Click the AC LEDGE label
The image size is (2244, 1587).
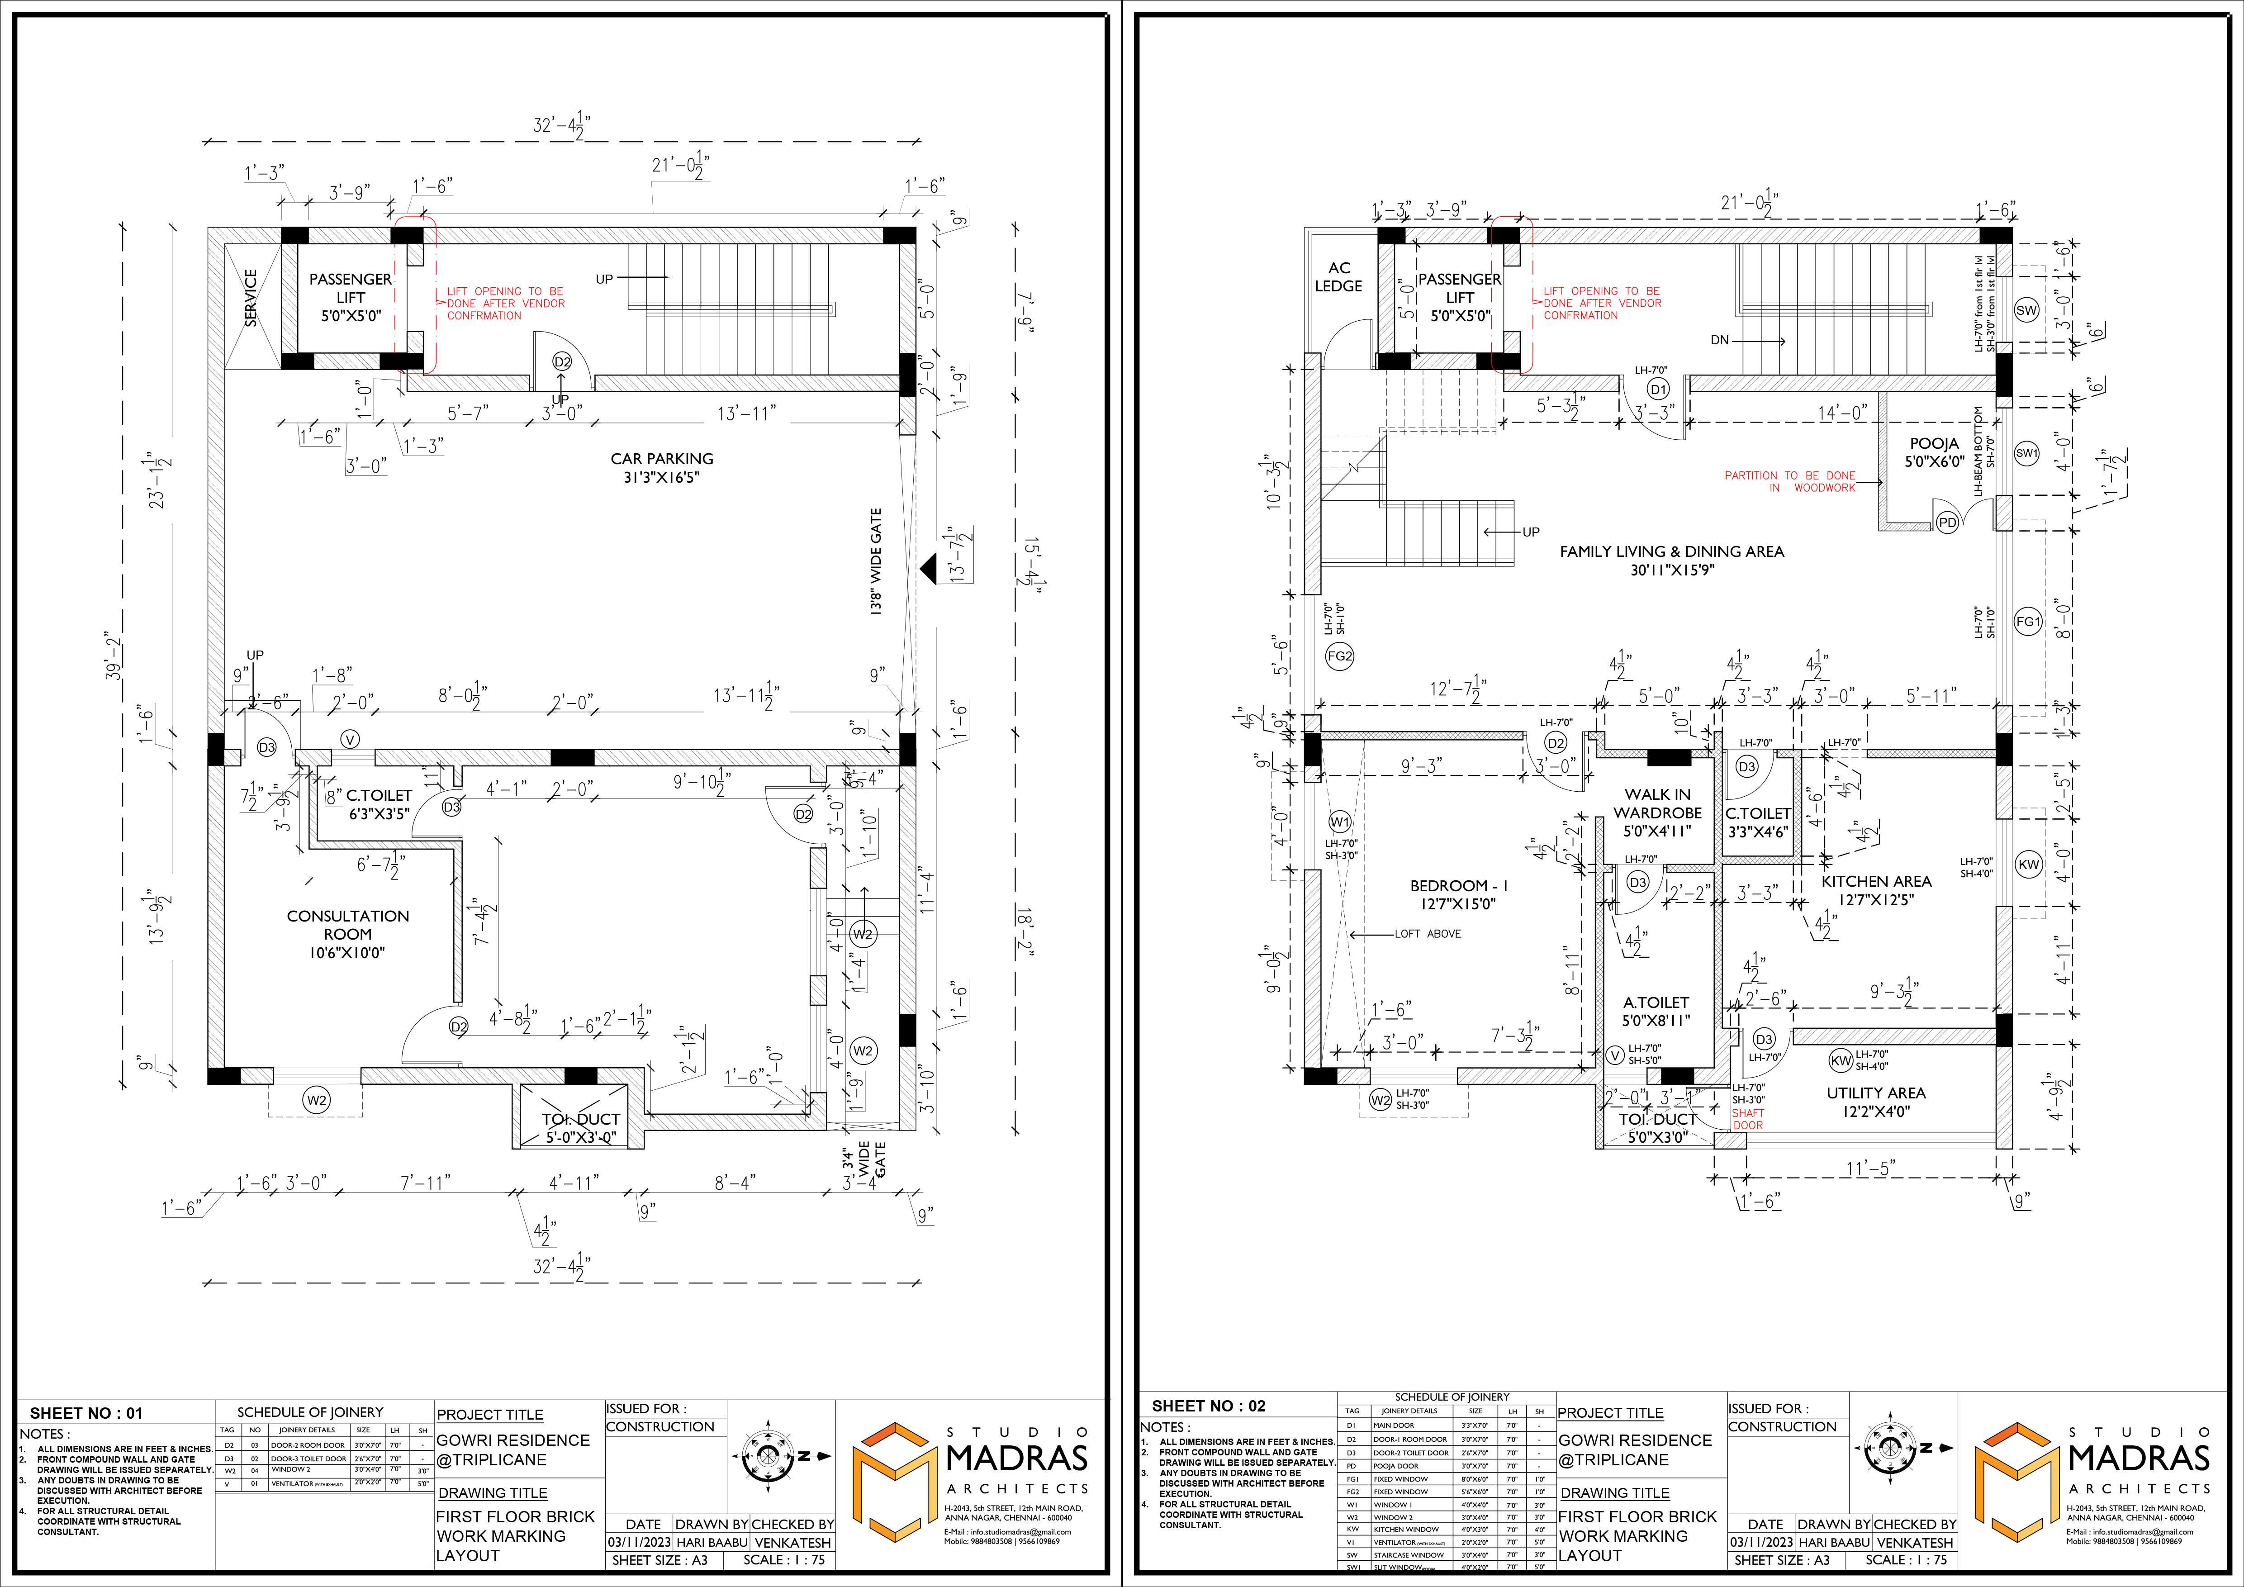point(1338,276)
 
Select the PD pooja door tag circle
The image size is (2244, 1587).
point(1947,523)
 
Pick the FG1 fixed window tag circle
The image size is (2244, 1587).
point(2028,622)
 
